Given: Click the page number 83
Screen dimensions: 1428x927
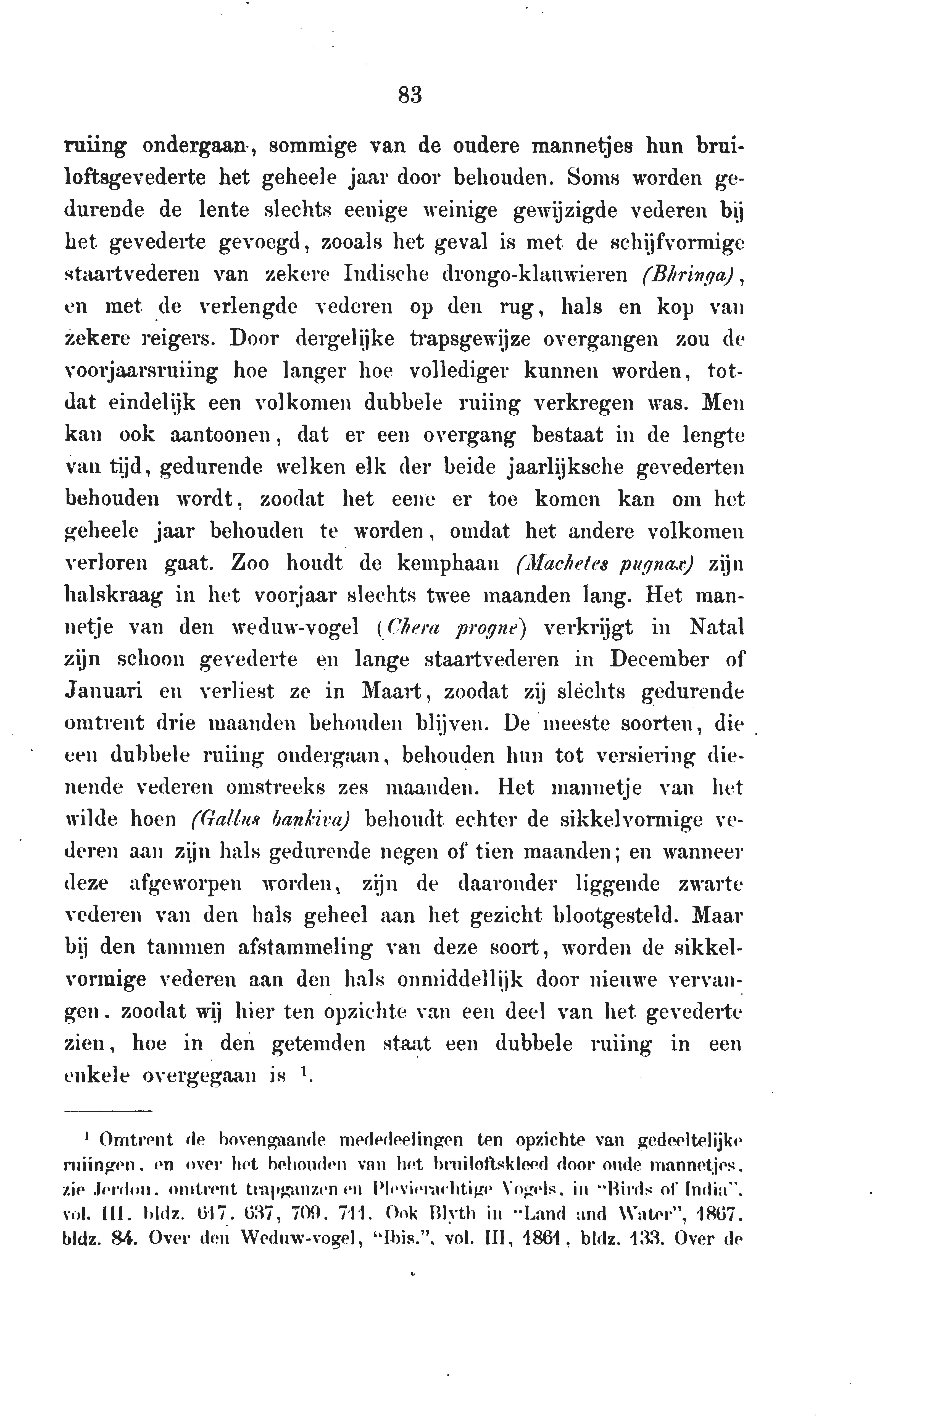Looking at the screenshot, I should tap(410, 95).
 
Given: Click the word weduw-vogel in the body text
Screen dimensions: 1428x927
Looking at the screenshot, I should tap(295, 628).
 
